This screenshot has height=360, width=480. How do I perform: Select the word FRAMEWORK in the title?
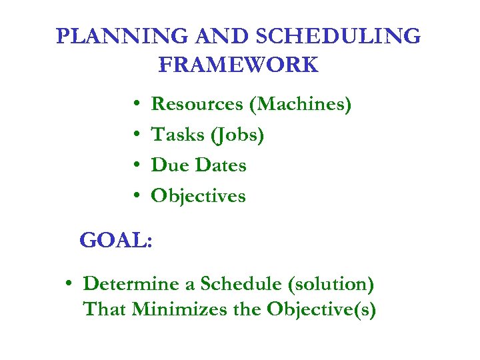239,65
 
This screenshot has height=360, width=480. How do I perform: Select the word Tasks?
177,135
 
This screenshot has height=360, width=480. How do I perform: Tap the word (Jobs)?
237,135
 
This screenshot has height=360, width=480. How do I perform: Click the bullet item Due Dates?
199,165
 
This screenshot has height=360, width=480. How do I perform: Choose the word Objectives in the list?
199,196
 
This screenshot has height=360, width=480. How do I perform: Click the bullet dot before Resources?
135,105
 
